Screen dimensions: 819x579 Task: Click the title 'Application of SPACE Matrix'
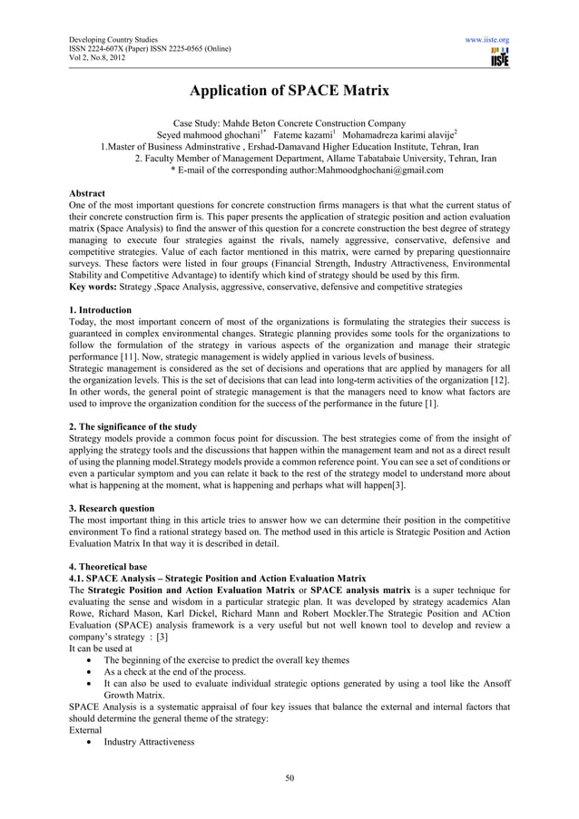point(289,91)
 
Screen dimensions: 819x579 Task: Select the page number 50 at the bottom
point(289,777)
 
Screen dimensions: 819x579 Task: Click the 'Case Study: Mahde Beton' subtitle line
point(289,122)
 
